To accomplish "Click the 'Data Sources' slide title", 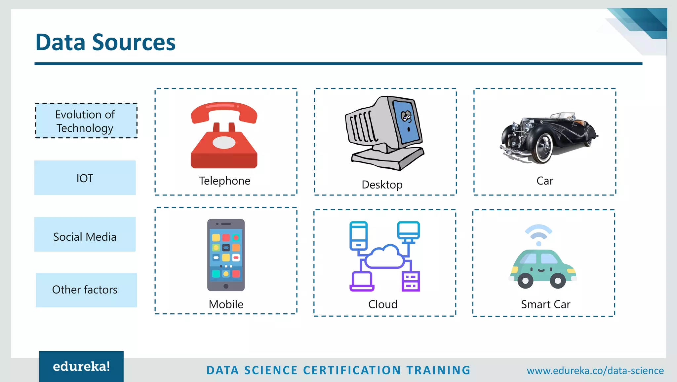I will pos(105,42).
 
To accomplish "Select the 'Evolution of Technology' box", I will pos(86,121).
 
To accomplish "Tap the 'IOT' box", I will pos(85,178).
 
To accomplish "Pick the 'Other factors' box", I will pos(86,290).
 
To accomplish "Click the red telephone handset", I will pos(224,111).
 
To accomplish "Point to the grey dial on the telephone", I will pos(224,143).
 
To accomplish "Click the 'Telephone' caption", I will pos(224,181).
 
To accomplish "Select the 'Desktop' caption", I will pos(382,185).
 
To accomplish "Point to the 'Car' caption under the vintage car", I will pos(544,181).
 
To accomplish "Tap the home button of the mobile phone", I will pos(226,286).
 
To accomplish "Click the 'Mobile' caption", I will pos(226,304).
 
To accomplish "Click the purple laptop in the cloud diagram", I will pos(362,282).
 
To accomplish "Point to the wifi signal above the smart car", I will pos(538,233).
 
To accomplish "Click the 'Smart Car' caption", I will pos(545,304).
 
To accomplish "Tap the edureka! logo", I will pos(81,366).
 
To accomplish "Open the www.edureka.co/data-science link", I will pos(595,370).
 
